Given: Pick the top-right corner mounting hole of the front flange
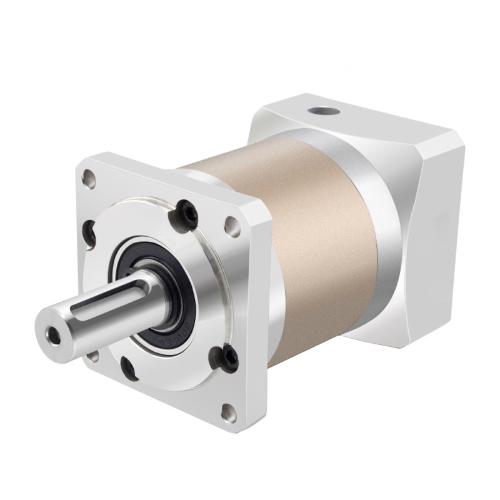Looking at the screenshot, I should coord(233,226).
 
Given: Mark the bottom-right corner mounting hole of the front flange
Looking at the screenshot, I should coord(229,412).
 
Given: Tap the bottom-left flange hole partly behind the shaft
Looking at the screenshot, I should coord(94,356).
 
